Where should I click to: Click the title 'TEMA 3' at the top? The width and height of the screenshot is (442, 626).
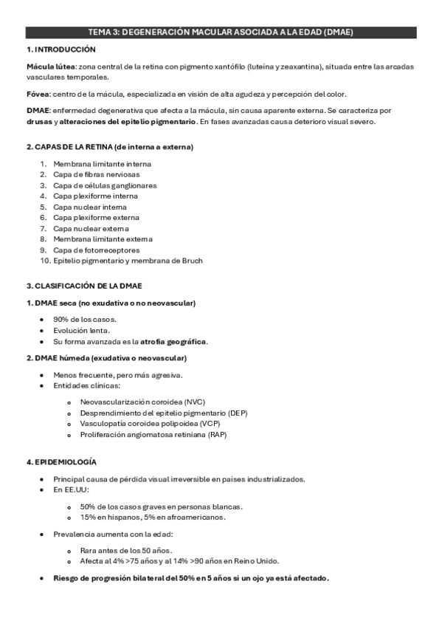pyautogui.click(x=103, y=32)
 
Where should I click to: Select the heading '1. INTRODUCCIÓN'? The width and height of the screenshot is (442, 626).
pyautogui.click(x=61, y=49)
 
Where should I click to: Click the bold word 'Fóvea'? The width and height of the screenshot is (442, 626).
pyautogui.click(x=37, y=94)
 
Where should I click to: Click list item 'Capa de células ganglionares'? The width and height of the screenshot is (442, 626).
pyautogui.click(x=105, y=185)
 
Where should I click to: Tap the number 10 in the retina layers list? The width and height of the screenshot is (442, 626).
pyautogui.click(x=44, y=261)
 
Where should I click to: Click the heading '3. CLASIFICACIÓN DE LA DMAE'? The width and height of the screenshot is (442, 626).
pyautogui.click(x=84, y=286)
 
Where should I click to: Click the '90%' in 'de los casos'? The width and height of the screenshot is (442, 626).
pyautogui.click(x=62, y=319)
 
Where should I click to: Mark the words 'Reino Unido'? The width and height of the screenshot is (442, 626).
pyautogui.click(x=257, y=561)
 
